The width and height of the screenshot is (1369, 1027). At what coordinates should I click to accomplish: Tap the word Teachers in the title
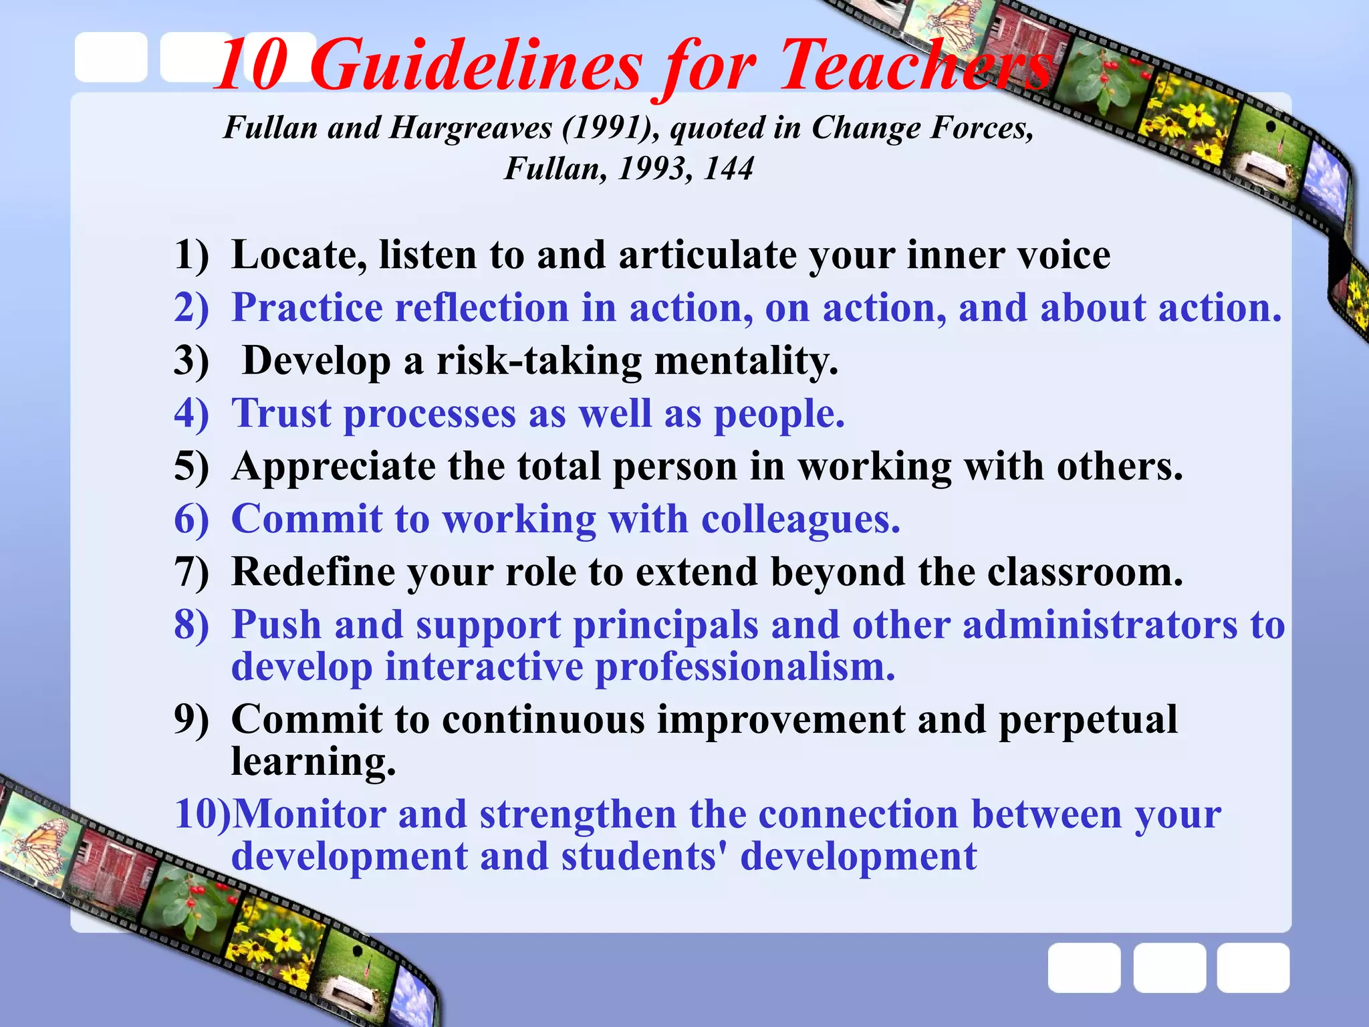[x=916, y=66]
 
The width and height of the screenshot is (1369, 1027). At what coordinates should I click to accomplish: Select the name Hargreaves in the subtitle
[x=470, y=128]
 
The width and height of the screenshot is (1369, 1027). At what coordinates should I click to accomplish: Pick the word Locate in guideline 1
[x=298, y=255]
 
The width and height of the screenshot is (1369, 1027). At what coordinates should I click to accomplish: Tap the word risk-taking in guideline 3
[x=539, y=361]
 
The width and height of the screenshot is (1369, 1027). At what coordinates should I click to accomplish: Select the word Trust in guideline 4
[x=281, y=414]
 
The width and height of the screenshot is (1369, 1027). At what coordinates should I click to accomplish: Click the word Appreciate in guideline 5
[x=334, y=467]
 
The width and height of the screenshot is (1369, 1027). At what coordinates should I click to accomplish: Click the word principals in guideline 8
[x=665, y=625]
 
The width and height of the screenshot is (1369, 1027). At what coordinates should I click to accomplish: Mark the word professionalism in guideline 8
[x=745, y=667]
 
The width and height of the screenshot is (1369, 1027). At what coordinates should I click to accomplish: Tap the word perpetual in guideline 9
[x=1088, y=720]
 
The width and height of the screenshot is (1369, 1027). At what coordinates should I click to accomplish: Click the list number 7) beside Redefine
[x=191, y=572]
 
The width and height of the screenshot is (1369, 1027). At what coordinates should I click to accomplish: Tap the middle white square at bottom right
[x=1169, y=967]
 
